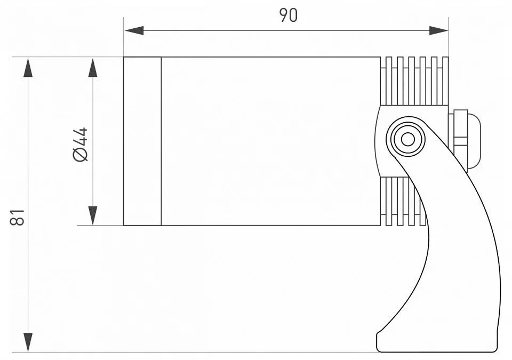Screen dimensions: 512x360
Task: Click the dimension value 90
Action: [289, 15]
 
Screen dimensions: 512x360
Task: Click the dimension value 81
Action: [17, 217]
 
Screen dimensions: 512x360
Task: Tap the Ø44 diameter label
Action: [81, 145]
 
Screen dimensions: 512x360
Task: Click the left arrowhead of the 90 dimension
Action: [134, 31]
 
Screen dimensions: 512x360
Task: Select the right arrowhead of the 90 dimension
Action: [438, 31]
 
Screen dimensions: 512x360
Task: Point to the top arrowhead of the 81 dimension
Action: [28, 67]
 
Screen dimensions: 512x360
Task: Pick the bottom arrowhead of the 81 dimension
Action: [28, 342]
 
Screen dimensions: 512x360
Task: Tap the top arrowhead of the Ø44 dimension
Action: [93, 67]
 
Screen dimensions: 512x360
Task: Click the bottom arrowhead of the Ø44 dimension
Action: [93, 215]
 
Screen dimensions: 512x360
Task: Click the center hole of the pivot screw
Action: [407, 140]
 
